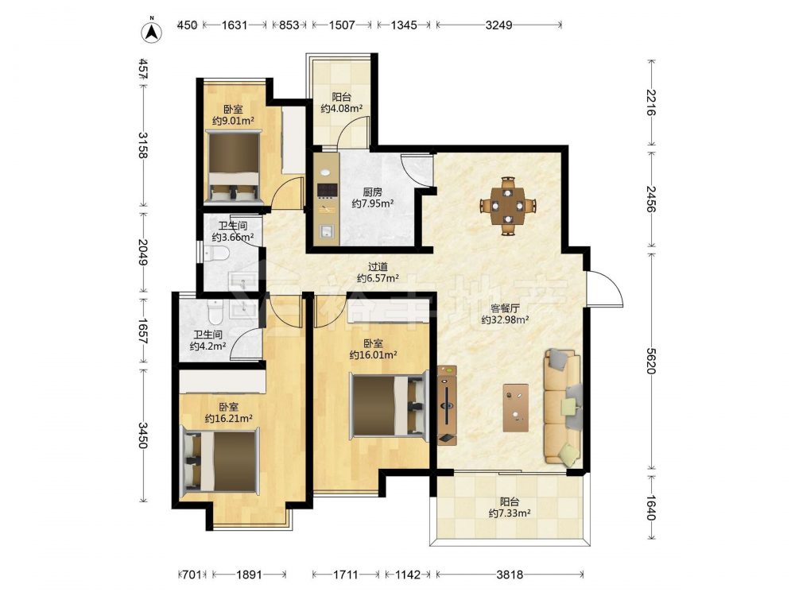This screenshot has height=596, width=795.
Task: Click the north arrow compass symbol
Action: point(151,31)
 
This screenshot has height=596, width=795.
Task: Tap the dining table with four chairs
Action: point(508,206)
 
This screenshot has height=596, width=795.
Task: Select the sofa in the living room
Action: point(563,406)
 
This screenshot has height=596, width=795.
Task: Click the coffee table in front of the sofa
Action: point(516,408)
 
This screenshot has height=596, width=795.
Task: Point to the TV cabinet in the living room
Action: point(447,405)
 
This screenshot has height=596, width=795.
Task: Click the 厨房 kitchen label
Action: point(372,192)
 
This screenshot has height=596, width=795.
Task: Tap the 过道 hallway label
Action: point(378,266)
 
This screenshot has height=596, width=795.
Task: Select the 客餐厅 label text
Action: point(505,308)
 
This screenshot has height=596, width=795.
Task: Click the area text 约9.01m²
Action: point(233,121)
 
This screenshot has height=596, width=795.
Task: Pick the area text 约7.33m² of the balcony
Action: point(510,513)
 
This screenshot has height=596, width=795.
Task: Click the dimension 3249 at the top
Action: point(499,25)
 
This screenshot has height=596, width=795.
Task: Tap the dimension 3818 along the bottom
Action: point(510,575)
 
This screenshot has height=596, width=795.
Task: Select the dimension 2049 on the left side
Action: point(142,252)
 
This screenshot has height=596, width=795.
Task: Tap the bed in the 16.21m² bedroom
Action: point(221,460)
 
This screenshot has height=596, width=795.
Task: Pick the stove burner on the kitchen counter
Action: point(327,190)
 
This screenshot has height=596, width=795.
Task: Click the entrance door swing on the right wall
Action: point(604,288)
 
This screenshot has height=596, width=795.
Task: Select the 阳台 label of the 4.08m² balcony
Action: point(341,96)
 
